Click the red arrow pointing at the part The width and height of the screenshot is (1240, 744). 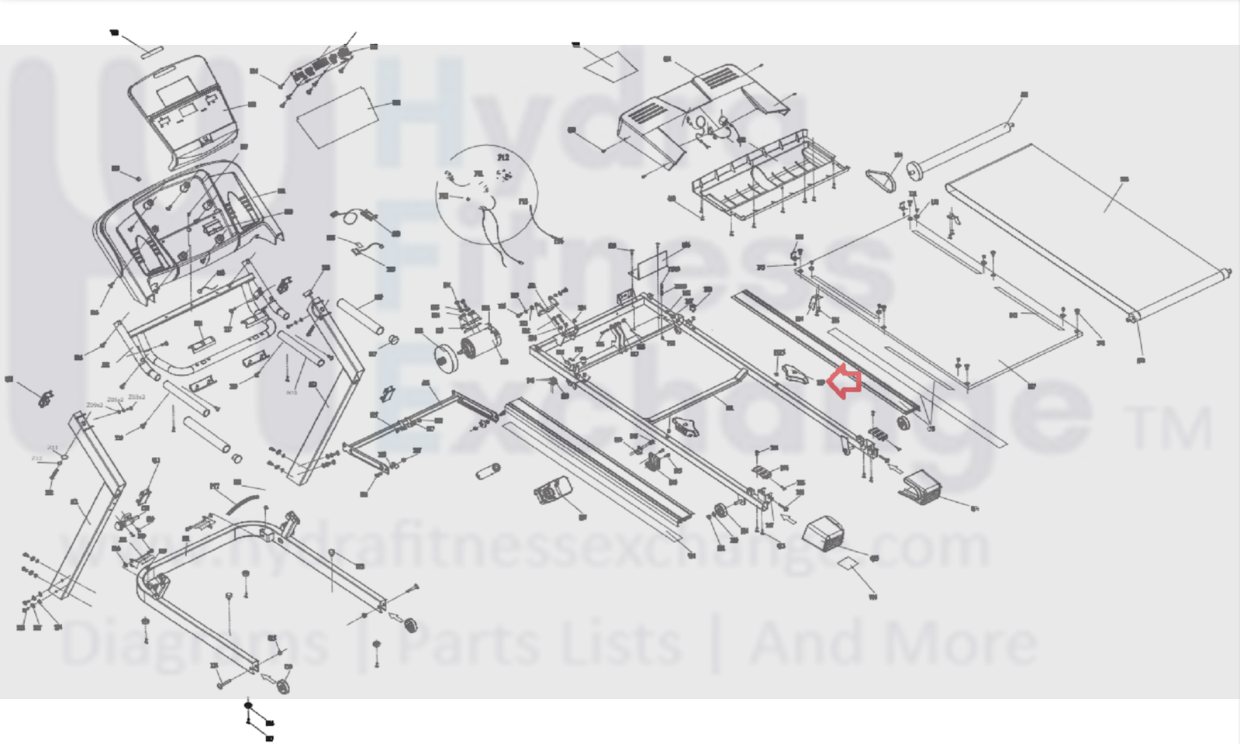845,382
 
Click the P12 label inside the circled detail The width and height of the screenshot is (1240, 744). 503,157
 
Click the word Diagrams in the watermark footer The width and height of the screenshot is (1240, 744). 194,644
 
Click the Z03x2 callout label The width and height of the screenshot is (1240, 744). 136,397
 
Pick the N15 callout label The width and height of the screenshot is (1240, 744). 292,393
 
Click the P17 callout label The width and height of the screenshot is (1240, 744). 215,486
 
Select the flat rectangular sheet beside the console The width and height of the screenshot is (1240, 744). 337,115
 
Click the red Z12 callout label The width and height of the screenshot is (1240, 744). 36,459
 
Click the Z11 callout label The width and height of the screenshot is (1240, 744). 52,448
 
